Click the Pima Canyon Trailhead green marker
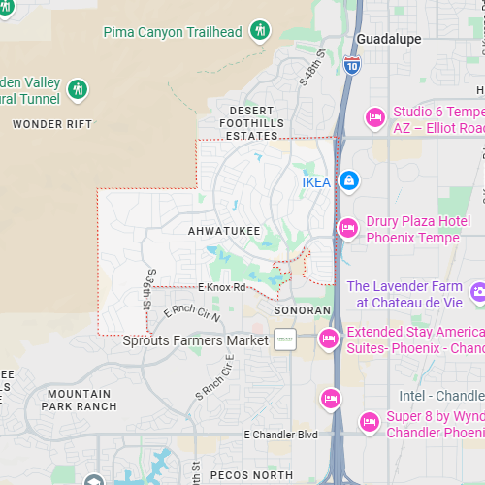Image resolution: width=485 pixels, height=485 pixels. [x=259, y=31]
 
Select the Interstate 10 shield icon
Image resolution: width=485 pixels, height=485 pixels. [x=353, y=64]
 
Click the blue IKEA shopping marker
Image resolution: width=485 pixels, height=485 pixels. [x=349, y=180]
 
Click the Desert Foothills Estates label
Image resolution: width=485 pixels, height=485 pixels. [x=251, y=123]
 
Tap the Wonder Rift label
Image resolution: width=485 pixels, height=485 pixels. [x=52, y=124]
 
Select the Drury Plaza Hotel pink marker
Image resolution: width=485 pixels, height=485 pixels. [x=347, y=228]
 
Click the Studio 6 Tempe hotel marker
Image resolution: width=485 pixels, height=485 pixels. [x=374, y=118]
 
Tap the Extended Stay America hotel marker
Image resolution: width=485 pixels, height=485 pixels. [x=329, y=339]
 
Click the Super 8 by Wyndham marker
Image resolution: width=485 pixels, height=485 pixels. [x=369, y=422]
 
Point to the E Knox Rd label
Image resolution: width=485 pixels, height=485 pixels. [x=222, y=287]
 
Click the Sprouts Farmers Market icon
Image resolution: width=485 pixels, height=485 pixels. [x=284, y=340]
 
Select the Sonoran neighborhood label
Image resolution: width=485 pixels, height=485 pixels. [x=303, y=311]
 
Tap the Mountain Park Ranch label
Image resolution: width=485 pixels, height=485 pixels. [x=78, y=400]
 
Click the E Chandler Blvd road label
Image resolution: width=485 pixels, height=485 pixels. [x=280, y=434]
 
